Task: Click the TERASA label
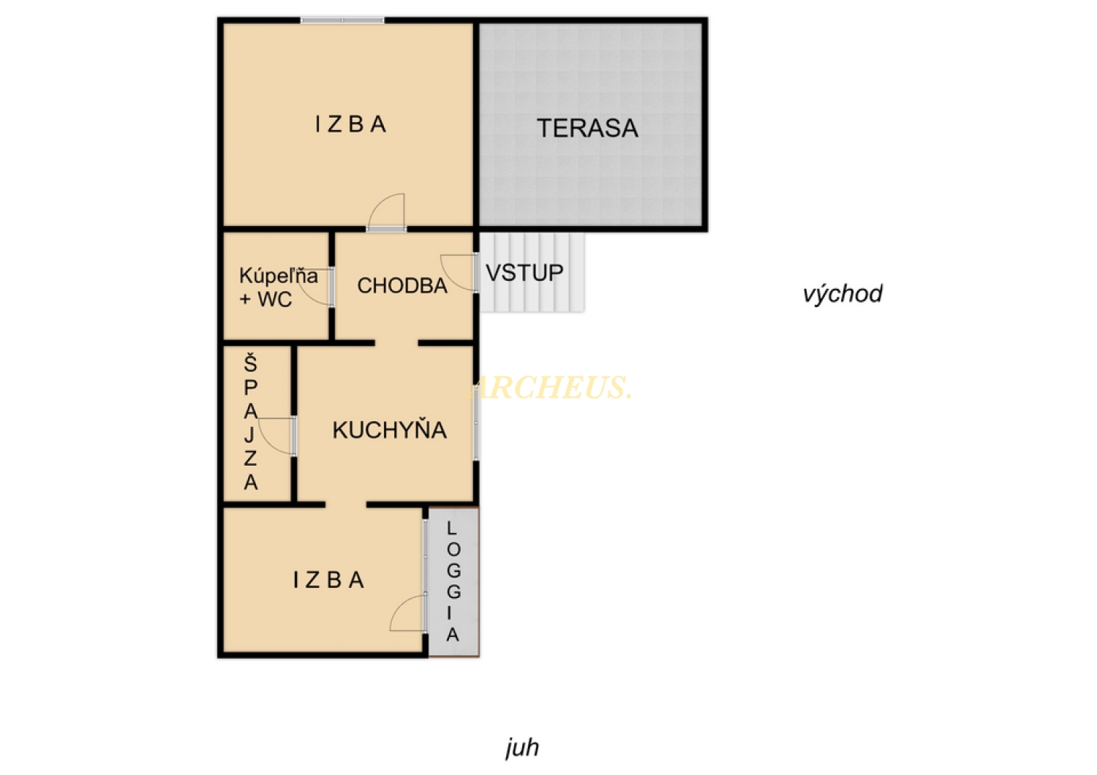(587, 128)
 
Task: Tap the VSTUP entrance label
(524, 273)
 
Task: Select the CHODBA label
(402, 285)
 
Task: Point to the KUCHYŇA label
(389, 429)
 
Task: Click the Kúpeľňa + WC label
(278, 287)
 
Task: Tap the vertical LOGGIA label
(453, 582)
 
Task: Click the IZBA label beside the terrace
(350, 124)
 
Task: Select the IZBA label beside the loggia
(328, 580)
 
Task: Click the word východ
(842, 293)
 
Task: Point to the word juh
(522, 748)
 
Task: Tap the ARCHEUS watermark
(551, 387)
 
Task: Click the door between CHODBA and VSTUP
(459, 273)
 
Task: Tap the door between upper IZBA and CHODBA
(386, 212)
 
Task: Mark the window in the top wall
(342, 20)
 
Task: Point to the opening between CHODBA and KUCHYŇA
(396, 343)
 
